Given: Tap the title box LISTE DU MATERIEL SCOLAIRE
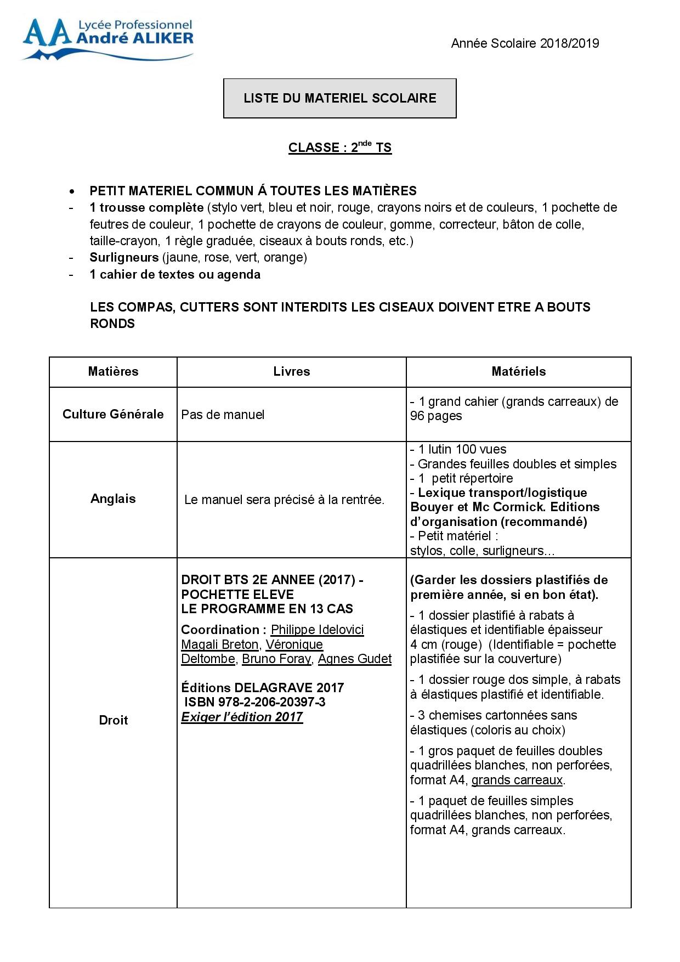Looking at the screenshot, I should (339, 98).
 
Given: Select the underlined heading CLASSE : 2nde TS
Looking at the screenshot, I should (339, 148).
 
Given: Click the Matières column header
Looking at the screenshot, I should (113, 371).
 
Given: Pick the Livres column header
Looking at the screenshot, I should (291, 371).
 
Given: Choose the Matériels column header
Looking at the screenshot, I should (518, 371).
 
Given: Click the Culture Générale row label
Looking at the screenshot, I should (113, 414).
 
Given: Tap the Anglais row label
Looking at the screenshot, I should (113, 499).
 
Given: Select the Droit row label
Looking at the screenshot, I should (113, 720).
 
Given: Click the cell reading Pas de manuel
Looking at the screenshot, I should (223, 415).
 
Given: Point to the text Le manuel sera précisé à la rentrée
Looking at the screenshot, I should (284, 500).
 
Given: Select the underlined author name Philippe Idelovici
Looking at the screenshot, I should (317, 630).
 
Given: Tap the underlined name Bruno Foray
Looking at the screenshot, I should (276, 659).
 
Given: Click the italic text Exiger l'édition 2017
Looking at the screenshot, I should (242, 717).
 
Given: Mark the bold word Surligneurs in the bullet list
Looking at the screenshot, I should (124, 257).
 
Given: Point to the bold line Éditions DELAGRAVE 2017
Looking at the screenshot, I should (262, 688).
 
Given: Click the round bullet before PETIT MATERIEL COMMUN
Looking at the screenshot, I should (71, 191).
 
